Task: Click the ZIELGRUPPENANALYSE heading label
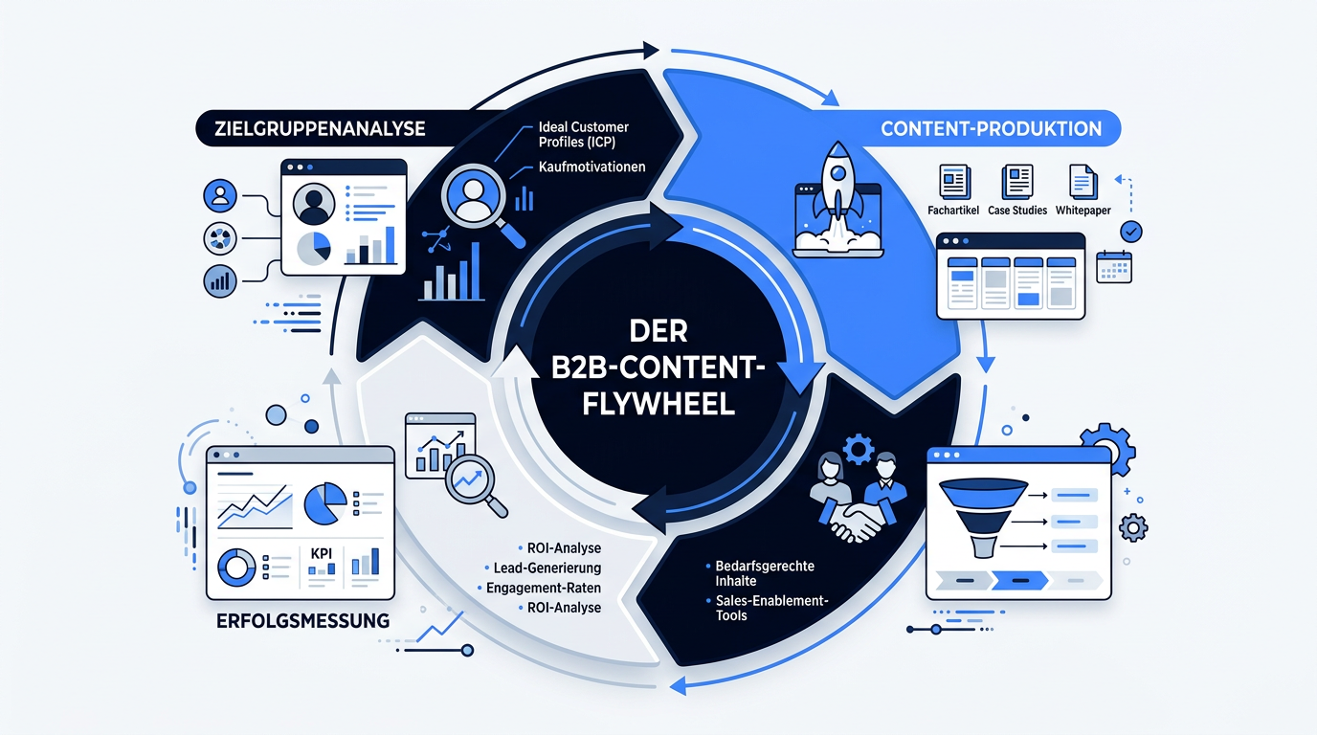pyautogui.click(x=320, y=128)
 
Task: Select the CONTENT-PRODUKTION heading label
pyautogui.click(x=992, y=129)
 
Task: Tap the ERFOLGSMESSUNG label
pyautogui.click(x=302, y=621)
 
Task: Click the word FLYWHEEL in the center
pyautogui.click(x=658, y=404)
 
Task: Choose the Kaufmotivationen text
pyautogui.click(x=592, y=167)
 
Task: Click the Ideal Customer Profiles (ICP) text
pyautogui.click(x=584, y=135)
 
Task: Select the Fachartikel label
pyautogui.click(x=953, y=210)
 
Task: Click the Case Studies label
pyautogui.click(x=1017, y=210)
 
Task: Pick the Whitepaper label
pyautogui.click(x=1083, y=210)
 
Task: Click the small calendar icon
pyautogui.click(x=1114, y=267)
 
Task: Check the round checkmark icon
pyautogui.click(x=1131, y=232)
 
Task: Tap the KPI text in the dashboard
pyautogui.click(x=321, y=553)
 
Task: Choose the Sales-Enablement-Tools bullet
pyautogui.click(x=771, y=608)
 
